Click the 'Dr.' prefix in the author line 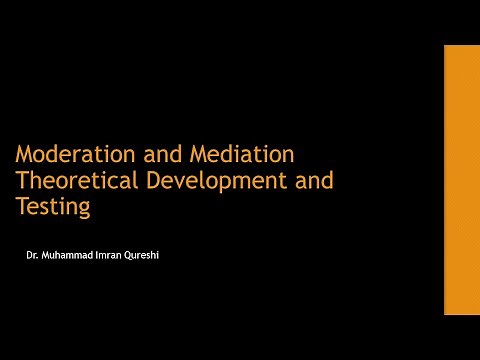click(33, 256)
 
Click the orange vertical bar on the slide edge click(461, 180)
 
